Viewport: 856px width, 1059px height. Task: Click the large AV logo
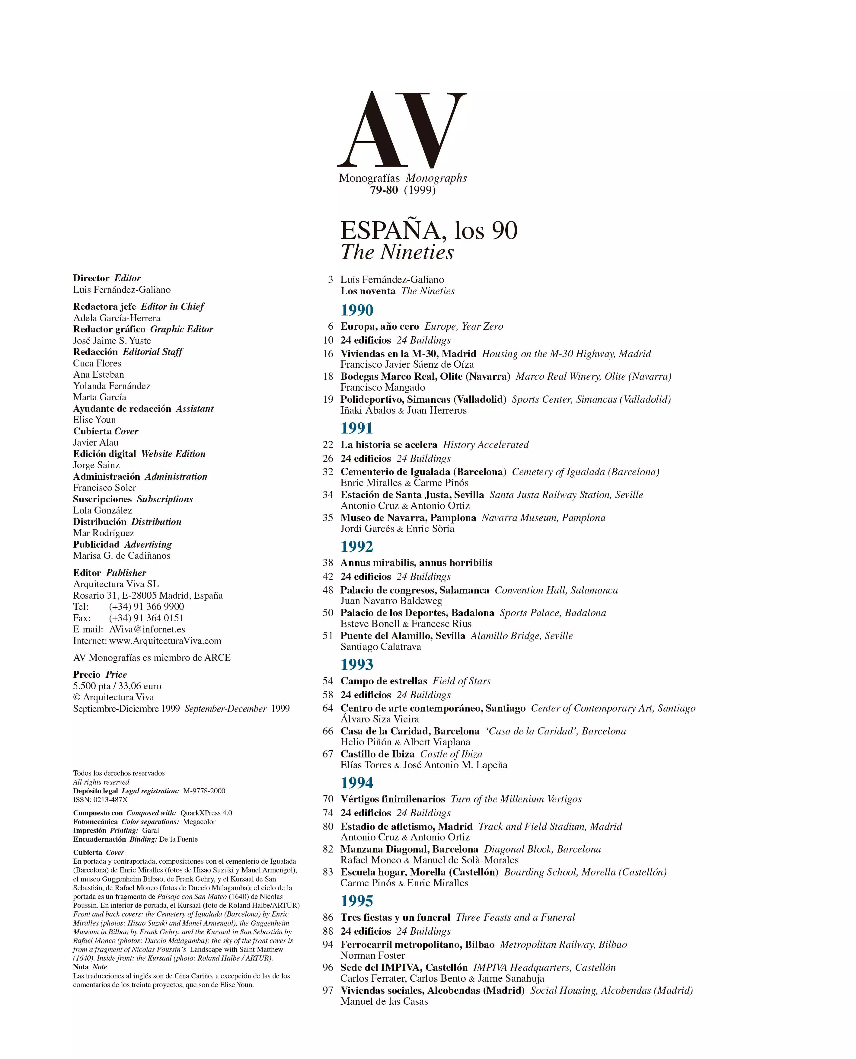click(x=402, y=130)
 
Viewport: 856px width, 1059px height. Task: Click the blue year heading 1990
click(x=357, y=310)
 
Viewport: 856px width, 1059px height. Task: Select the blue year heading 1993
click(x=357, y=664)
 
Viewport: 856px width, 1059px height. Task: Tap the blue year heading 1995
click(x=357, y=901)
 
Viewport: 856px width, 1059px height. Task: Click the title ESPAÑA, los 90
click(x=429, y=230)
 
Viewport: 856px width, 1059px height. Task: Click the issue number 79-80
click(x=384, y=190)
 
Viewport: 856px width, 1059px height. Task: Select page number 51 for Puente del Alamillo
click(x=328, y=636)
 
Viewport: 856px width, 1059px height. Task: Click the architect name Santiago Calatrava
click(x=381, y=647)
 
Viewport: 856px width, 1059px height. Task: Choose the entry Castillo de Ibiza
click(x=377, y=754)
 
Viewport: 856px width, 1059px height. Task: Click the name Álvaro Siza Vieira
click(x=380, y=719)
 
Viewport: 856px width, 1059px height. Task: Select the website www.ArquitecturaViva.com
click(x=165, y=641)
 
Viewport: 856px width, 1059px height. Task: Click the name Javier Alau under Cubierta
click(x=96, y=443)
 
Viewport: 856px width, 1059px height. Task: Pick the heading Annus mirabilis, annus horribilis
click(x=416, y=563)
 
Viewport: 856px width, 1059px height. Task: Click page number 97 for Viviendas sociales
click(x=328, y=990)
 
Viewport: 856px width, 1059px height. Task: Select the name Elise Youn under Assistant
click(x=94, y=420)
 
